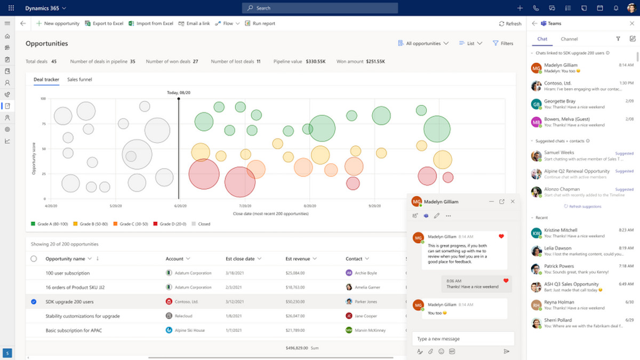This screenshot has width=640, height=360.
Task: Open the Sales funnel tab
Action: coord(79,79)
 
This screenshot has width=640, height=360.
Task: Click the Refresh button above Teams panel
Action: coord(510,23)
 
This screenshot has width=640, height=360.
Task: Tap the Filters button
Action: coord(502,43)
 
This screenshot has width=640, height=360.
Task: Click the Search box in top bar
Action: coord(320,8)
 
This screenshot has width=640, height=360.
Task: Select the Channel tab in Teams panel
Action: coord(569,39)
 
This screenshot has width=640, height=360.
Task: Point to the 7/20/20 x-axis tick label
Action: coord(245,206)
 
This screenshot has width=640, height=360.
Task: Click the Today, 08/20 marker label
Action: coord(179,93)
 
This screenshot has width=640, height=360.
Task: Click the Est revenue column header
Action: coord(298,259)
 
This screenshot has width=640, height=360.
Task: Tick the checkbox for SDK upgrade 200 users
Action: coord(34,302)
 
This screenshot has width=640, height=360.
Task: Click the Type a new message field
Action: coord(462,339)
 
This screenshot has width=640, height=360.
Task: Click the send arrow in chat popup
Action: coord(506,351)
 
